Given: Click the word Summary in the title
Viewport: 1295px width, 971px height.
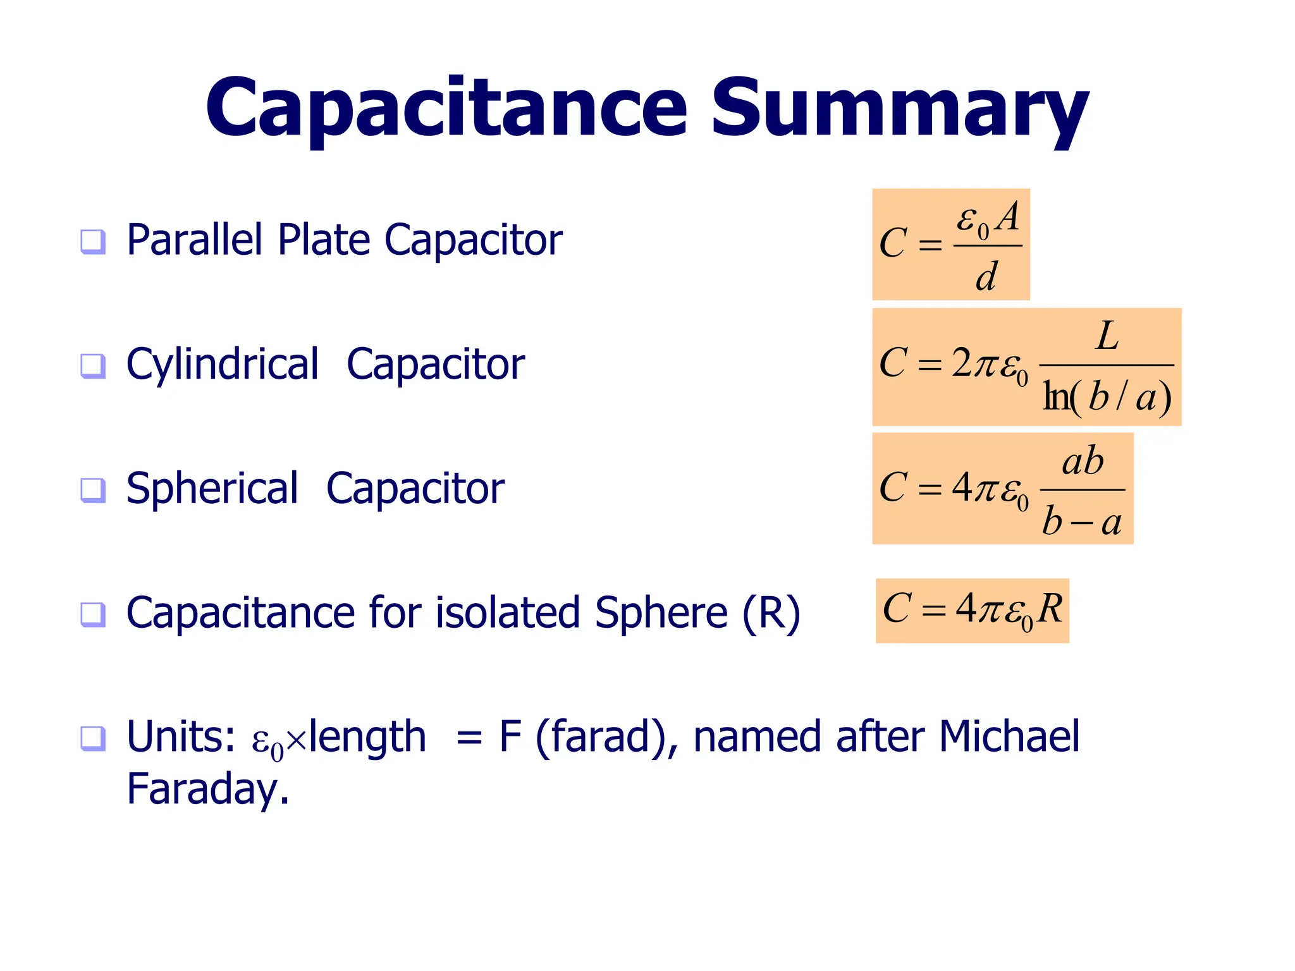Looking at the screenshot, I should [899, 109].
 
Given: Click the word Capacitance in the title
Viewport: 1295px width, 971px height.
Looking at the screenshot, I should [446, 109].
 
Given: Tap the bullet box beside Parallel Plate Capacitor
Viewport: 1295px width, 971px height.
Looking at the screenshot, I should [93, 241].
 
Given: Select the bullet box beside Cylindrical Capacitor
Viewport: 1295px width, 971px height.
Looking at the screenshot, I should [93, 365].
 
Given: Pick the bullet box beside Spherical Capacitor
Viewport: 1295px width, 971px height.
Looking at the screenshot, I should [93, 490].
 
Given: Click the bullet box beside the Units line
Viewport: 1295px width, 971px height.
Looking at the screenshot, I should [93, 738].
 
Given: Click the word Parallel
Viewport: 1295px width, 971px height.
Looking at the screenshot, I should [194, 240].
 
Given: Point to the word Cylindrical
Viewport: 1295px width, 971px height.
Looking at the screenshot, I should [223, 365].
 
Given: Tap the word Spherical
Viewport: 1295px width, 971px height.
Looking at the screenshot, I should [212, 489].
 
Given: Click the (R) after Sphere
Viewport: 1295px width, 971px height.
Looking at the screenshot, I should [771, 613].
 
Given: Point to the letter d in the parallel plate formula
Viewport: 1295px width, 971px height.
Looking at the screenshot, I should [986, 277].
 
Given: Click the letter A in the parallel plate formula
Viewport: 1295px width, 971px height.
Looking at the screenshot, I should [1007, 217].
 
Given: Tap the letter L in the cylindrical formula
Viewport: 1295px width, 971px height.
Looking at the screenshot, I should [1107, 336].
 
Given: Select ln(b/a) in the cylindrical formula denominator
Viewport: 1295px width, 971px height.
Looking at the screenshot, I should [1107, 397].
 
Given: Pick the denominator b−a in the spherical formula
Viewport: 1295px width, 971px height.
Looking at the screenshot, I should [1082, 522].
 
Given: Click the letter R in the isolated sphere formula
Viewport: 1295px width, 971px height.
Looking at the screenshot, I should [1050, 609].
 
